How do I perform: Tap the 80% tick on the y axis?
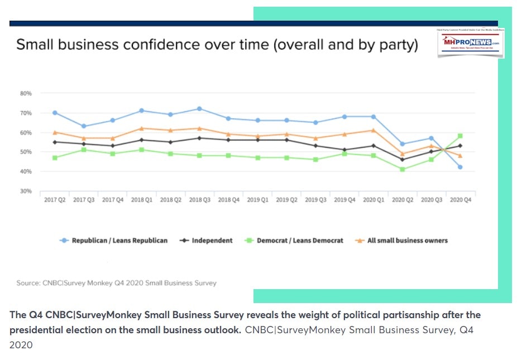coord(26,93)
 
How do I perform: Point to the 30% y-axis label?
coord(26,191)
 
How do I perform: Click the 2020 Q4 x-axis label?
coord(460,199)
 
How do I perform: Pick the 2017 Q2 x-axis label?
coord(55,199)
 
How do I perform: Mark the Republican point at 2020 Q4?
coord(460,167)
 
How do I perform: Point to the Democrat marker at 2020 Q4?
coord(460,136)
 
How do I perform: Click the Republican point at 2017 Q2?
coord(55,113)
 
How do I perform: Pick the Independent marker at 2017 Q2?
coord(55,142)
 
